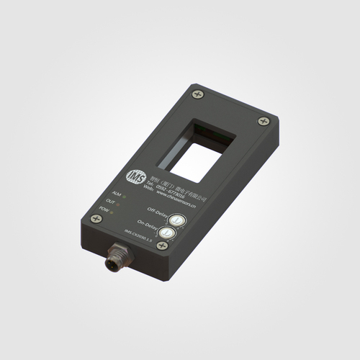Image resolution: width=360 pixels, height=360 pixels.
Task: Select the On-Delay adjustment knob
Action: (166, 232)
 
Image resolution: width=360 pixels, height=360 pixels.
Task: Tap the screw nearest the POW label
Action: (98, 217)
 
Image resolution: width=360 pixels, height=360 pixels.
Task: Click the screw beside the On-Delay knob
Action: (162, 246)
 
